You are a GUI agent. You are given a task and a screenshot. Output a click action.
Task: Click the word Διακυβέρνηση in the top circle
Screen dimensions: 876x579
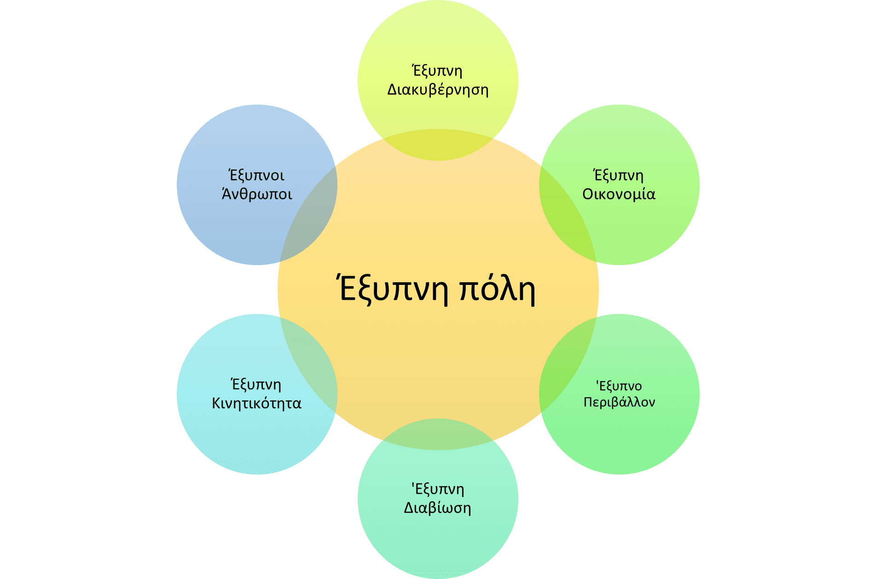(x=438, y=90)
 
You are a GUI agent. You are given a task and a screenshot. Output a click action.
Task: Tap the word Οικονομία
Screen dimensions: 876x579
(x=619, y=194)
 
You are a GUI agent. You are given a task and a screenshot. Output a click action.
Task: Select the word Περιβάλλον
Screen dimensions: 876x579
(x=619, y=402)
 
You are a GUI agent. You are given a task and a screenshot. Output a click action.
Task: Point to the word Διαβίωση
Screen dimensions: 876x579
(x=438, y=508)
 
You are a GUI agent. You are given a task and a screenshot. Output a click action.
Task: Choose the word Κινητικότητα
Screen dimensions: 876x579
(x=256, y=403)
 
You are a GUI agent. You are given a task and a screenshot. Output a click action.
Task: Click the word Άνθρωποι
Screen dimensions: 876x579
(x=257, y=194)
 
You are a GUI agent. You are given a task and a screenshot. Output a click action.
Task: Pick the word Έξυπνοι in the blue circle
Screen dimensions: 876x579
(x=256, y=175)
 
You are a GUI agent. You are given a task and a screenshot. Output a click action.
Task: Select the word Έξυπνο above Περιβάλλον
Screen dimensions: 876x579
(x=619, y=386)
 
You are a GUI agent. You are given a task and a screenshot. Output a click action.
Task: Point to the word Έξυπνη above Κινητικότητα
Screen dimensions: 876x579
(x=255, y=384)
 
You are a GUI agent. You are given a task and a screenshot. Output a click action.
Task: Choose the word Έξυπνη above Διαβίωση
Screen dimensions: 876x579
(x=437, y=489)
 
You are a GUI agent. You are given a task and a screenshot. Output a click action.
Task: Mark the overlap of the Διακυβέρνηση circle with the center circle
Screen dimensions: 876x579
(x=438, y=145)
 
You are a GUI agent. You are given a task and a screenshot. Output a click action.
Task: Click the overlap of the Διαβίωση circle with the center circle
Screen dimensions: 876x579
(x=438, y=434)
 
